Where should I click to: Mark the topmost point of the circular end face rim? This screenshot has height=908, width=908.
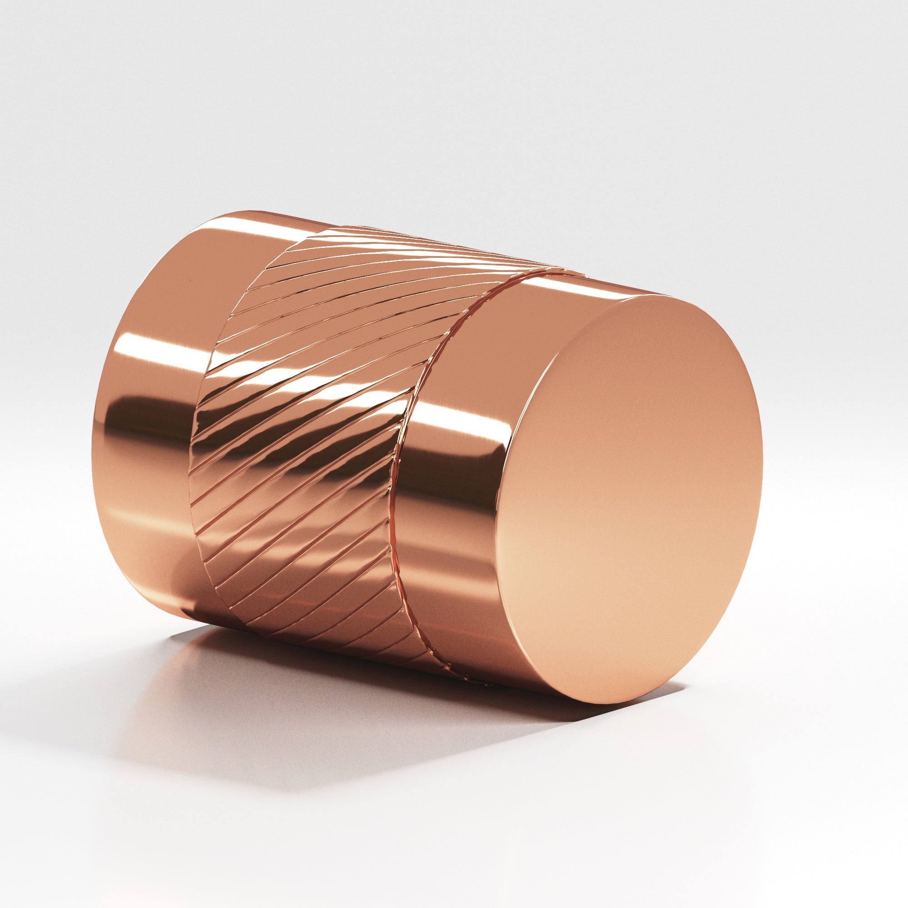coord(658,295)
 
